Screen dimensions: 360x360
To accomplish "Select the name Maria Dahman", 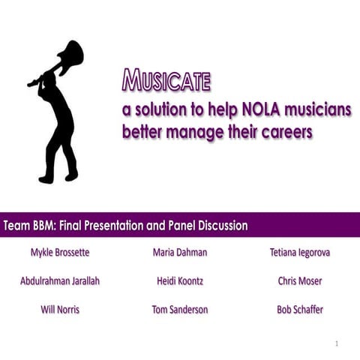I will (x=180, y=253).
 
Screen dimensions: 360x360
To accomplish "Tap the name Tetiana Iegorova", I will (x=300, y=253).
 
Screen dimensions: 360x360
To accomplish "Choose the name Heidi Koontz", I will (x=180, y=281).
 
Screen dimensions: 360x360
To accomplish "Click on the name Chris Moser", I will (x=300, y=281).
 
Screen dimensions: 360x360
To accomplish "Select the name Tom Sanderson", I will (x=180, y=310).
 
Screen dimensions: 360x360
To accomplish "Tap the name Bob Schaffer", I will (x=300, y=310).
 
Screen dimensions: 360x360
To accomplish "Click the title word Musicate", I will (x=166, y=79).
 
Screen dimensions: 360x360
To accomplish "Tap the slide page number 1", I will (x=337, y=343).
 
